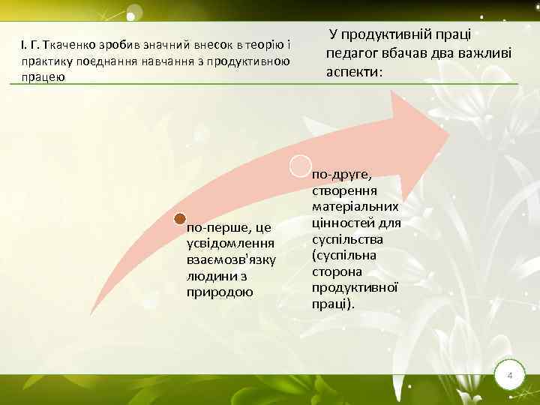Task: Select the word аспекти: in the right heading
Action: click(x=354, y=73)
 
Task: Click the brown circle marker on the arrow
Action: click(x=180, y=219)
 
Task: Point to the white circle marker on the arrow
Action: click(x=300, y=167)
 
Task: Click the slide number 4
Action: click(x=509, y=374)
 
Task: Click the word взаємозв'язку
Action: click(x=231, y=259)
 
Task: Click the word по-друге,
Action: click(x=342, y=174)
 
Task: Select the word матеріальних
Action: click(x=355, y=206)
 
